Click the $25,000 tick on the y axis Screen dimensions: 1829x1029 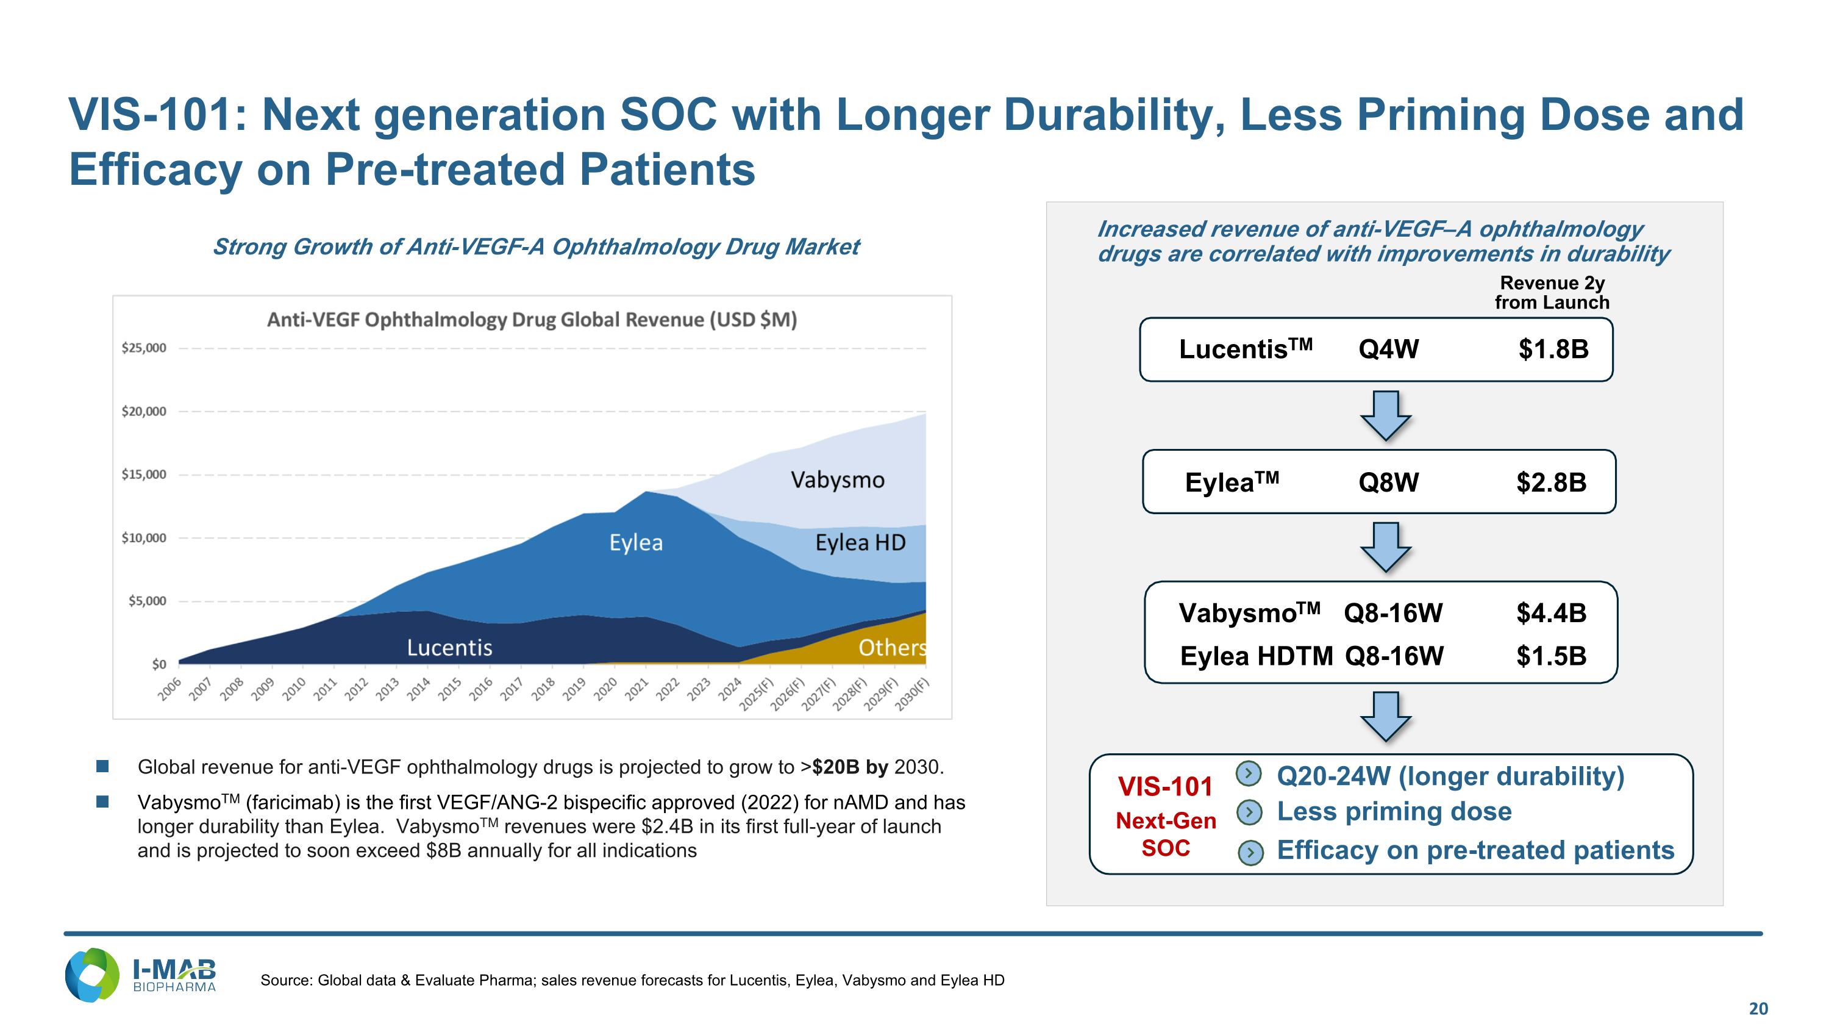point(144,348)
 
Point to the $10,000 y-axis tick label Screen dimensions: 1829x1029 point(144,537)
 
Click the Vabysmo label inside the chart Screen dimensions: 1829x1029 point(838,480)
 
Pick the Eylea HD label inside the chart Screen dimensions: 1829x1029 point(860,542)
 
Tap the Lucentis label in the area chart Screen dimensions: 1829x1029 point(449,648)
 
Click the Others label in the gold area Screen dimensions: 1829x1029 point(893,648)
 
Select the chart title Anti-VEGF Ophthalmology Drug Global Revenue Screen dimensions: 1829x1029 point(532,320)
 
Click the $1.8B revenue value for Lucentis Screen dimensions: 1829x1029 point(1553,350)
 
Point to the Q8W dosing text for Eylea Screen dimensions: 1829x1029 point(1389,483)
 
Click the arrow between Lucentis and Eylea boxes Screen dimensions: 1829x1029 point(1385,416)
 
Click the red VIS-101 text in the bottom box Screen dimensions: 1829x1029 point(1166,787)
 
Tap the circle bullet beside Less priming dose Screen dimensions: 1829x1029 point(1250,812)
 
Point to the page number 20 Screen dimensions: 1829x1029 point(1759,1009)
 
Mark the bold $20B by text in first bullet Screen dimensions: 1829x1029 point(850,767)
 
